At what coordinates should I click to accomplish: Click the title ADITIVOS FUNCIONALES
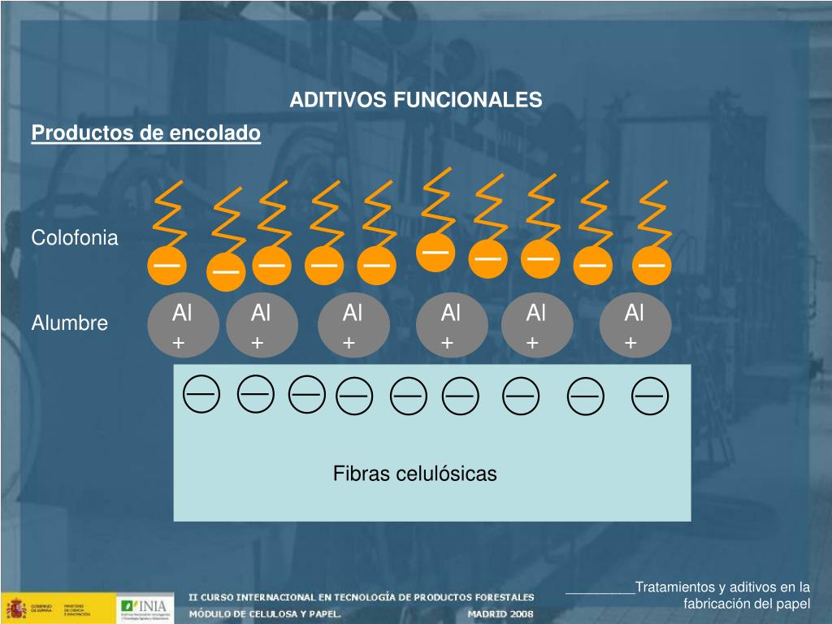(x=416, y=100)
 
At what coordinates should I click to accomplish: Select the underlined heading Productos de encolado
(x=146, y=132)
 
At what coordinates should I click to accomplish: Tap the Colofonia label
(x=75, y=238)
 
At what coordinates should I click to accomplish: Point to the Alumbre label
(x=70, y=323)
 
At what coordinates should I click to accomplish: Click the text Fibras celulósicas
(x=414, y=474)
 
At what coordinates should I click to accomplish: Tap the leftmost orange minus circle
(x=167, y=265)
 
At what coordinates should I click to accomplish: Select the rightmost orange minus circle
(x=652, y=265)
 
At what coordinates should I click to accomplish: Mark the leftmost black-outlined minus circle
(x=201, y=395)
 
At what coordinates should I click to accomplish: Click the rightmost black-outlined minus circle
(x=649, y=397)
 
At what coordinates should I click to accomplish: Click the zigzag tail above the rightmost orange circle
(x=654, y=214)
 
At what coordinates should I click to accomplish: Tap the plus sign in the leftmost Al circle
(x=179, y=344)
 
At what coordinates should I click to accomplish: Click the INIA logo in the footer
(x=144, y=606)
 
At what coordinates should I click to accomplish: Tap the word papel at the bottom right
(x=792, y=604)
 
